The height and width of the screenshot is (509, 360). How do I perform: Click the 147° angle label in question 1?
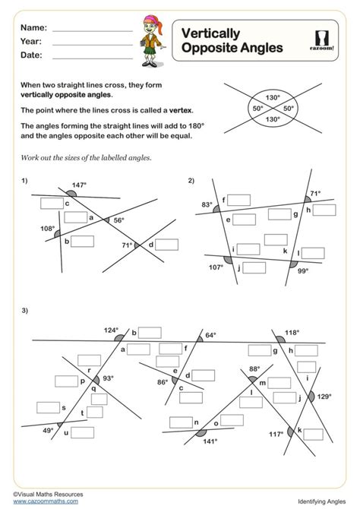[x=79, y=185]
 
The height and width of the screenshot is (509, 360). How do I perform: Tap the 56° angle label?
[x=118, y=220]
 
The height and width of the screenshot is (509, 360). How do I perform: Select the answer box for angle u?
[x=83, y=433]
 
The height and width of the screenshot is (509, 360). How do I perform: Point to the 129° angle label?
[x=324, y=397]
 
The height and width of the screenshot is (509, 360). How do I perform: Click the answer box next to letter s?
[x=48, y=408]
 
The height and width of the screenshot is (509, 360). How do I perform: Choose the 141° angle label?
[x=210, y=441]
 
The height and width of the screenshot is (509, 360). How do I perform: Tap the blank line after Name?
[x=93, y=31]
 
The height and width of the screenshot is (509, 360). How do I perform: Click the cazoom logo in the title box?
[x=322, y=40]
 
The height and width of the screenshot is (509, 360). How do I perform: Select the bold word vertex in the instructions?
[x=181, y=110]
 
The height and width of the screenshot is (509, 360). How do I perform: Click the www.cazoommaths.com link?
[x=46, y=501]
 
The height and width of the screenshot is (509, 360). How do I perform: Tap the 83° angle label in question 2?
[x=207, y=204]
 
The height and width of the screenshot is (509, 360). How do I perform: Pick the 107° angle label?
[x=216, y=267]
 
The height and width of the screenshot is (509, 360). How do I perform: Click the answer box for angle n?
[x=181, y=422]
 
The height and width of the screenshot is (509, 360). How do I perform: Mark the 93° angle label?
[x=108, y=378]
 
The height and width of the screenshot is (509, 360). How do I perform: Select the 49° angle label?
[x=48, y=431]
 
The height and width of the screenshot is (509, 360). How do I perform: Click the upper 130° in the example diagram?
[x=273, y=97]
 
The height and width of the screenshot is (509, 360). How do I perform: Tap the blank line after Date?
[x=93, y=58]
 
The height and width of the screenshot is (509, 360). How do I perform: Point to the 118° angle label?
[x=292, y=333]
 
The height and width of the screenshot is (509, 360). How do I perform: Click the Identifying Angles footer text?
[x=322, y=501]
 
